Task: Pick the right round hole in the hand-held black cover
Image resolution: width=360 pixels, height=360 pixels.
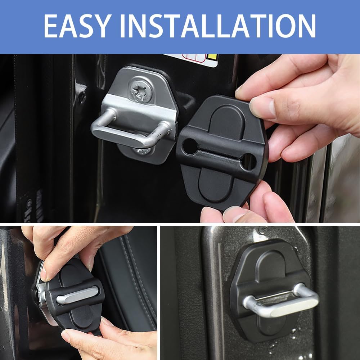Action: point(248,161)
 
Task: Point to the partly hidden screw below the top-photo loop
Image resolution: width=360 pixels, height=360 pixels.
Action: point(146,150)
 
